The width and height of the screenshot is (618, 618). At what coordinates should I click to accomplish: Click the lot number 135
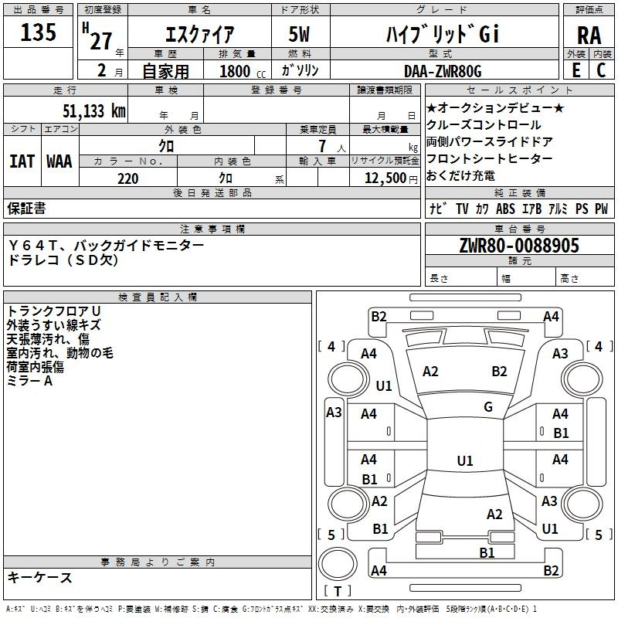tap(38, 32)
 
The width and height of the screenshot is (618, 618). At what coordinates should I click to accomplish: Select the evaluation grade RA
tap(589, 36)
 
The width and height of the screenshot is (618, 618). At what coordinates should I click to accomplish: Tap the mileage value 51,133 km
tap(94, 111)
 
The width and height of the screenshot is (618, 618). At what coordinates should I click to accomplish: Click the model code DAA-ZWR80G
tap(443, 71)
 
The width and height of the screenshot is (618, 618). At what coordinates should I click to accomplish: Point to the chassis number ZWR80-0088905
tap(519, 246)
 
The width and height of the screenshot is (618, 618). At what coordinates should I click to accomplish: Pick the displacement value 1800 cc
tap(243, 71)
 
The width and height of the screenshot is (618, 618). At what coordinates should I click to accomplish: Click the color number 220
tap(128, 178)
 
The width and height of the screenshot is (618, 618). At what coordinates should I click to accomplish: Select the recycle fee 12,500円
tap(391, 178)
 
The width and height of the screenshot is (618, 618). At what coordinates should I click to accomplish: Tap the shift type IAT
tap(22, 161)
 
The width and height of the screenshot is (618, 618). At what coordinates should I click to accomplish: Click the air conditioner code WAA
tap(59, 161)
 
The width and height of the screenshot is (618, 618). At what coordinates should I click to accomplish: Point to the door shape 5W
tap(300, 34)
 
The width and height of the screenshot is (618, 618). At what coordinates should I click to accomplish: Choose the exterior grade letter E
tap(576, 70)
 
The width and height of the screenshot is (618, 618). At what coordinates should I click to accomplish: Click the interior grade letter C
tap(601, 70)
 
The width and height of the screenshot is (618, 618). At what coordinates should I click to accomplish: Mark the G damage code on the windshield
tap(488, 407)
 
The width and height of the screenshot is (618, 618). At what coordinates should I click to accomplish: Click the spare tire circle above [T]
tap(338, 564)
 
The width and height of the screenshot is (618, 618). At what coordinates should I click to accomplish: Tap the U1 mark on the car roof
tap(465, 460)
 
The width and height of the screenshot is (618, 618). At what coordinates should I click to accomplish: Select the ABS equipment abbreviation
tap(505, 209)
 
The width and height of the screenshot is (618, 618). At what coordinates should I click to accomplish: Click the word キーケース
tap(40, 577)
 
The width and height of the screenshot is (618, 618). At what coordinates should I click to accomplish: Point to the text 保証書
tap(26, 209)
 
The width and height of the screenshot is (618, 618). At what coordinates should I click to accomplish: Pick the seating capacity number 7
tap(322, 146)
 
